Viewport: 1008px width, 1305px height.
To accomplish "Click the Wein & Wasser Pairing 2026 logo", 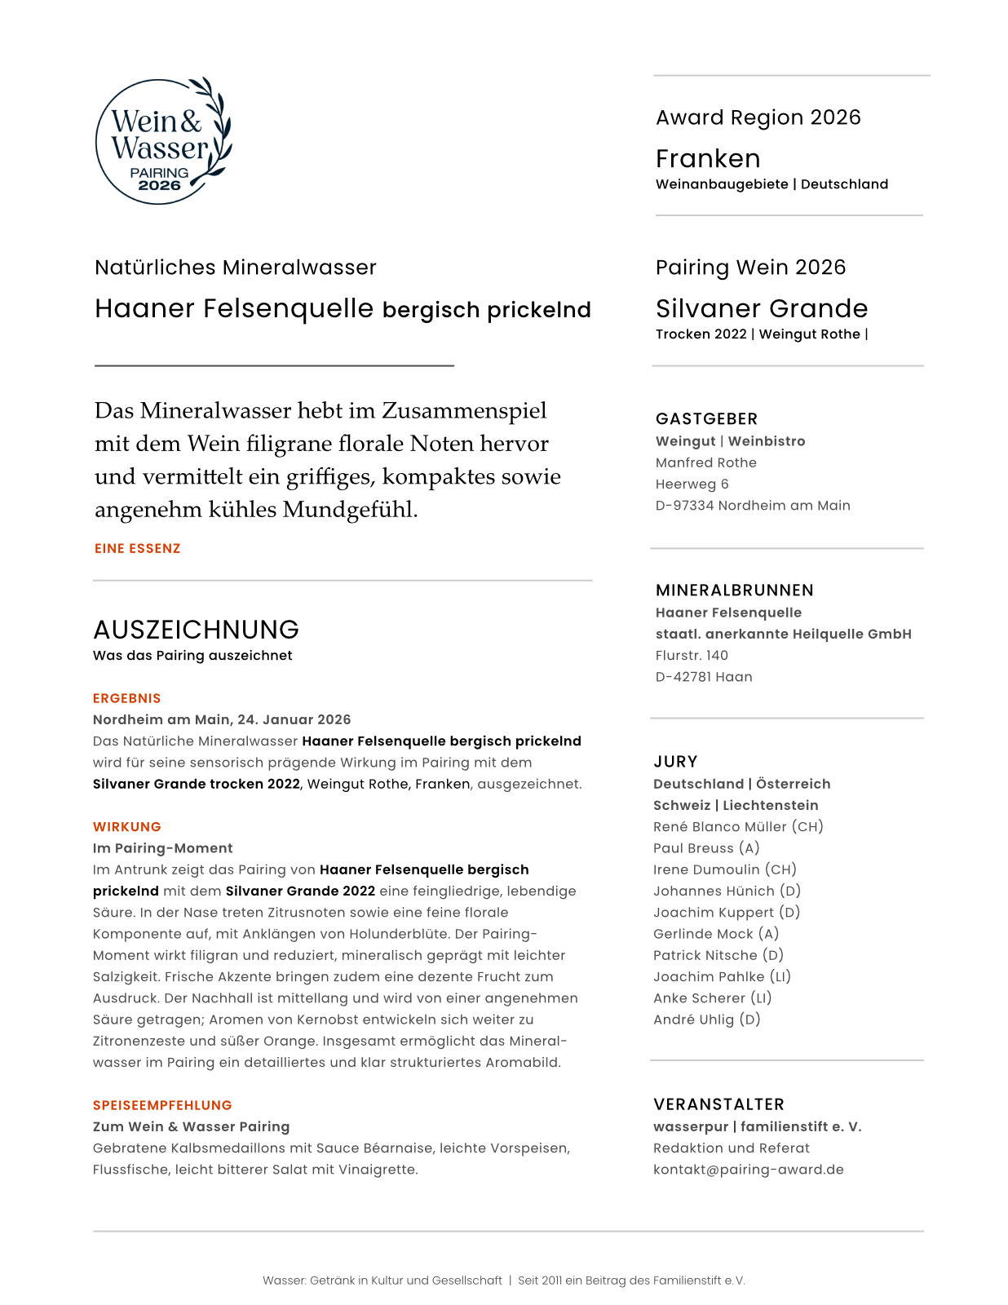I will pyautogui.click(x=163, y=141).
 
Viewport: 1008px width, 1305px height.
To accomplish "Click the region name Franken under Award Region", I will pyautogui.click(x=707, y=158).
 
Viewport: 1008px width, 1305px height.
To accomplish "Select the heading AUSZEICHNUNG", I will pyautogui.click(x=196, y=630).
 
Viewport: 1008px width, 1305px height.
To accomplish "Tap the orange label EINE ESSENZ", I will pyautogui.click(x=137, y=549).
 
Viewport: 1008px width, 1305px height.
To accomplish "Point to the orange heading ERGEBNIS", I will pyautogui.click(x=126, y=698).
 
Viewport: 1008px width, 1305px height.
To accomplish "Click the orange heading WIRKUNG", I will pyautogui.click(x=126, y=827).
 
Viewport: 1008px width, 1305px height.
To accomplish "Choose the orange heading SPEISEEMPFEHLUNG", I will pyautogui.click(x=162, y=1105).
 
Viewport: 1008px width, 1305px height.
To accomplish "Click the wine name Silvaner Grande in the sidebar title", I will pyautogui.click(x=761, y=308).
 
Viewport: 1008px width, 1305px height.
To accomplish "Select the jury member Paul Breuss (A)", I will pyautogui.click(x=705, y=848).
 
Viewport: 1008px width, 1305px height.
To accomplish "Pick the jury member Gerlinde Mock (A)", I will pyautogui.click(x=715, y=934).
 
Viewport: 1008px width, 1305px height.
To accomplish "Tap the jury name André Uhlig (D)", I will pyautogui.click(x=706, y=1020).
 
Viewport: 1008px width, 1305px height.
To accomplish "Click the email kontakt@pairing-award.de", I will pyautogui.click(x=748, y=1170).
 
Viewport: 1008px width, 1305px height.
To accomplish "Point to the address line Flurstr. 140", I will pyautogui.click(x=692, y=655).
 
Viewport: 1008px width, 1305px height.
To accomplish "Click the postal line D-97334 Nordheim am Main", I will pyautogui.click(x=752, y=506).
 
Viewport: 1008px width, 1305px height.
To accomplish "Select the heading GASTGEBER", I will pyautogui.click(x=706, y=419).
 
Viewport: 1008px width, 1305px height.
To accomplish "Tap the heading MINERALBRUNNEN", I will pyautogui.click(x=734, y=591).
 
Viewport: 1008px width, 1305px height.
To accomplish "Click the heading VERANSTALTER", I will pyautogui.click(x=718, y=1104).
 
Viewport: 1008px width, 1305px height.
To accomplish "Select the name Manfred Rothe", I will pyautogui.click(x=705, y=462).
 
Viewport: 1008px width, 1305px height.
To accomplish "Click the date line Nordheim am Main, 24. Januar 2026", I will pyautogui.click(x=222, y=719).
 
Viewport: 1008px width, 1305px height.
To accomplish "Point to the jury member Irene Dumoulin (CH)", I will pyautogui.click(x=724, y=869).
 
